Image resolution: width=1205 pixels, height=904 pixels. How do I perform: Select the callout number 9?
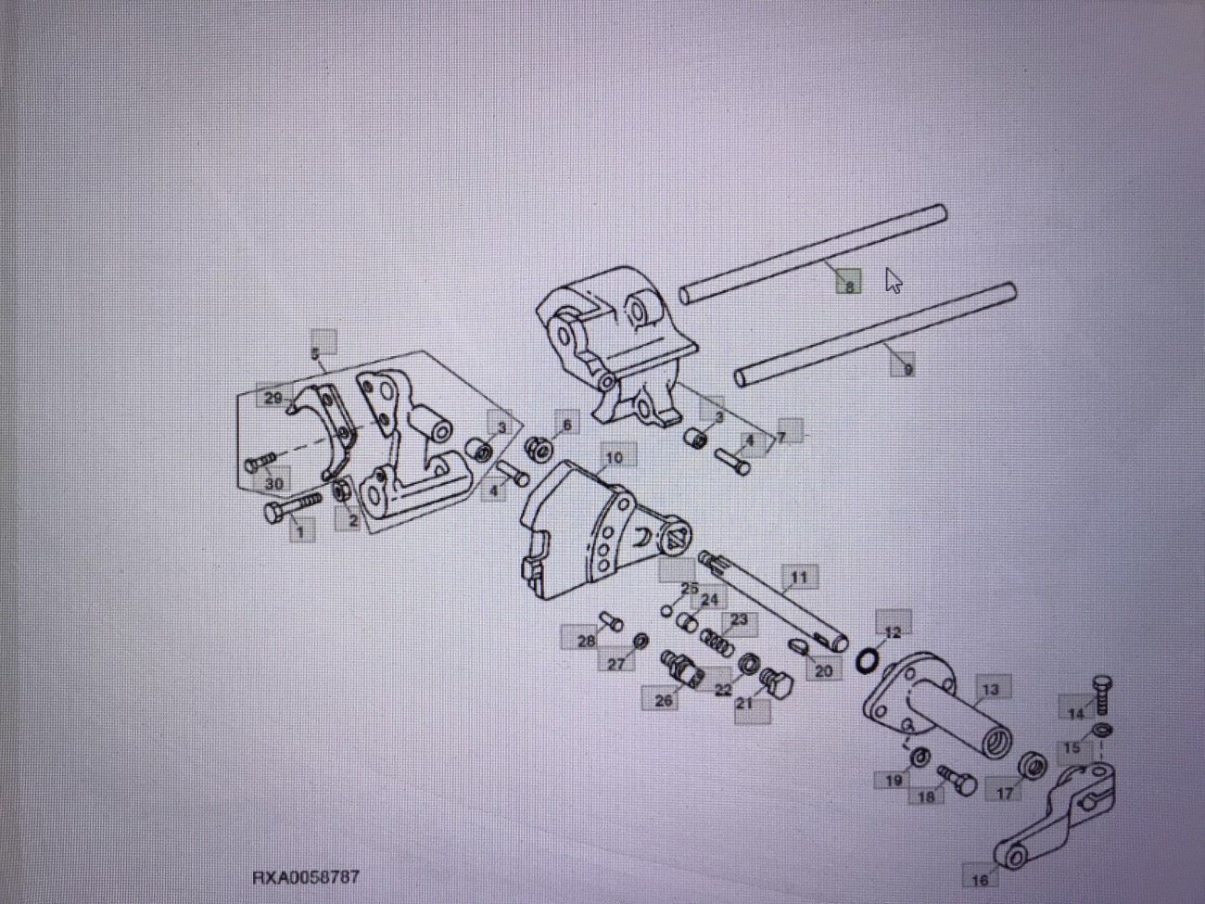click(x=907, y=368)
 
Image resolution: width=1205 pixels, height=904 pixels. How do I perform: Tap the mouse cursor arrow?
click(x=893, y=280)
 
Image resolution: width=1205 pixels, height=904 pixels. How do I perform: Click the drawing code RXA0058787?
click(x=305, y=876)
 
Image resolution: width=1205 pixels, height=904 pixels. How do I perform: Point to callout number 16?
click(x=980, y=879)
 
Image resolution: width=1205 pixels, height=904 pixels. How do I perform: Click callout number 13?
click(x=990, y=689)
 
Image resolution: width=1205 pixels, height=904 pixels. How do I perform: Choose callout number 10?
click(x=614, y=457)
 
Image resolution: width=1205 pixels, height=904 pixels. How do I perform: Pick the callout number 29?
click(x=273, y=399)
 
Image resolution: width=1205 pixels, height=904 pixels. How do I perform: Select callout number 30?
click(x=274, y=483)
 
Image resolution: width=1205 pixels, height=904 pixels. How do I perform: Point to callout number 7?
click(x=782, y=435)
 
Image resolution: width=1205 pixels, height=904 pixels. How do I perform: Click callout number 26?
click(x=664, y=700)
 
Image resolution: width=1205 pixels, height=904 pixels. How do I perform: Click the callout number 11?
click(x=798, y=577)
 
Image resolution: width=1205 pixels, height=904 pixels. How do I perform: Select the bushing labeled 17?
click(x=1032, y=767)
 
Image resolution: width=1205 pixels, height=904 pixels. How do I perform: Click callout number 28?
click(x=586, y=640)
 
